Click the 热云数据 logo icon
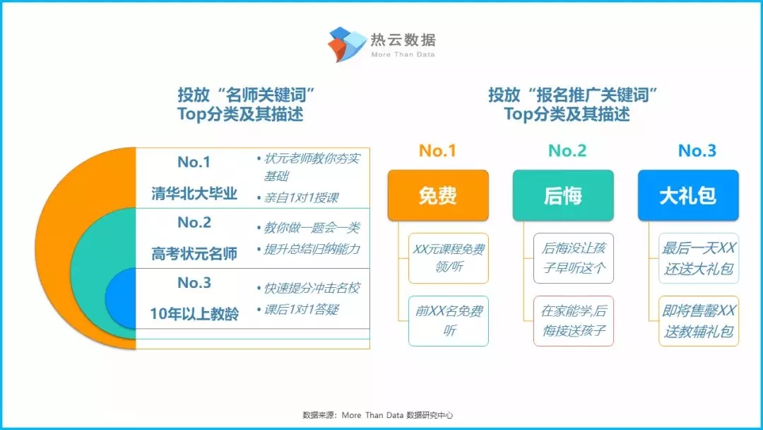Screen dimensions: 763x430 [x=347, y=45]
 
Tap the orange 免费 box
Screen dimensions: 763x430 [x=438, y=195]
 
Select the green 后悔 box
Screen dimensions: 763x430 [x=563, y=195]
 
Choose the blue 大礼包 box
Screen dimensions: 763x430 [x=688, y=195]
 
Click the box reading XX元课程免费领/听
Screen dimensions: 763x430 [x=448, y=258]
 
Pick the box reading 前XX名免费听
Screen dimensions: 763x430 [x=448, y=321]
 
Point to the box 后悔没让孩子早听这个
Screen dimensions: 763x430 [x=573, y=258]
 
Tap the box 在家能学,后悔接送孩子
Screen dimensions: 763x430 [x=573, y=321]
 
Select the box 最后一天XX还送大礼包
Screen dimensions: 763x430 [x=698, y=258]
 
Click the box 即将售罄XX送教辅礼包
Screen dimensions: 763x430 [x=698, y=321]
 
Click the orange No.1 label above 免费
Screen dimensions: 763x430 [x=437, y=151]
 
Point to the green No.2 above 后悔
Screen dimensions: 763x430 [x=567, y=151]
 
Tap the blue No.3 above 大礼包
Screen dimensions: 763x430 [x=697, y=151]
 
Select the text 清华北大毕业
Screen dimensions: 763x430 [x=194, y=193]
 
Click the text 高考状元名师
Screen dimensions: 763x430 [x=194, y=253]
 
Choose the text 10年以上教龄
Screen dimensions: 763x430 [x=194, y=313]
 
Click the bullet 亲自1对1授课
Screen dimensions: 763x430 [x=297, y=198]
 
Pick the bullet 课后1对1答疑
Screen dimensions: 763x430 [x=297, y=309]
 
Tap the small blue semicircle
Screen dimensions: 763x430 [x=121, y=298]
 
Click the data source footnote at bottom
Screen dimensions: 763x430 [x=377, y=415]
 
